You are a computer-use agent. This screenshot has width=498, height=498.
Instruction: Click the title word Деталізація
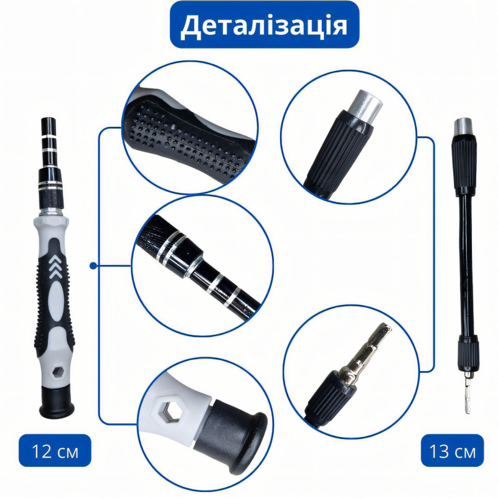pos(264,26)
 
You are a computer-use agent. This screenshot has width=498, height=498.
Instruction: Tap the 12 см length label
pos(55,451)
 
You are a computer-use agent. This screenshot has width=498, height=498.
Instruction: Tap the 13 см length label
pos(453,451)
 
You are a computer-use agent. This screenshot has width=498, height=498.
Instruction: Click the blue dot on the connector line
pos(93,266)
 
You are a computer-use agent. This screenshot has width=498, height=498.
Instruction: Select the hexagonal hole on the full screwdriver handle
pos(57,371)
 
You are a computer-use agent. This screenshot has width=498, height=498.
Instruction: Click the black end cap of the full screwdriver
pos(57,402)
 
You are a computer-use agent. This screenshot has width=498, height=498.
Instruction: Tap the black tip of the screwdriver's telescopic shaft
pos(49,126)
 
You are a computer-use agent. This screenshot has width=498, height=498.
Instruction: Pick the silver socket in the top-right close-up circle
pos(365,107)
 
